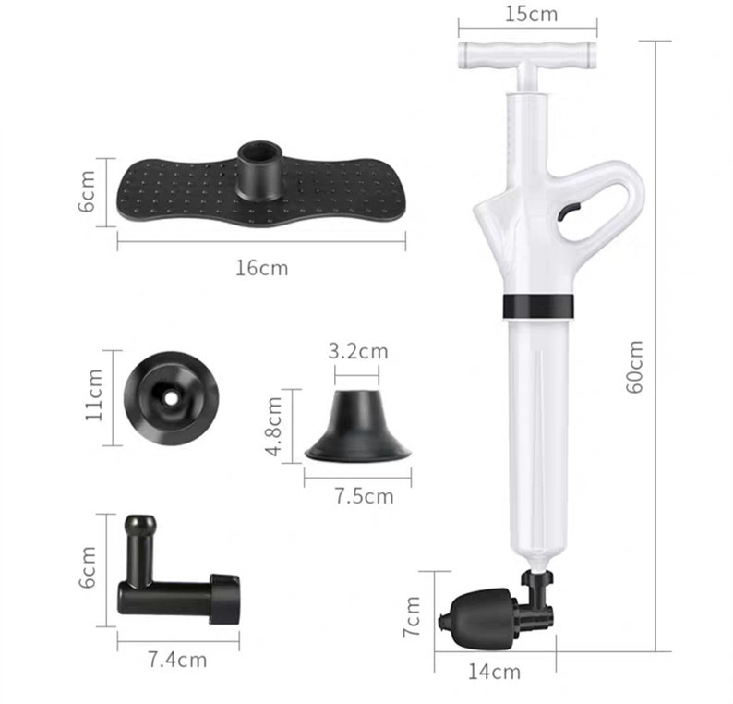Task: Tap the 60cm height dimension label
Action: coord(635,367)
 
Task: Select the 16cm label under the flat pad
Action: coord(261,268)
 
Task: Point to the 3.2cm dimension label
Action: coord(358,351)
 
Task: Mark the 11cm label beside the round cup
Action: coord(94,396)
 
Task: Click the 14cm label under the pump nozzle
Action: coord(494,672)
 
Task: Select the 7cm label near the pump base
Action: coord(413,616)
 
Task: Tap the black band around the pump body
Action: coord(539,306)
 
